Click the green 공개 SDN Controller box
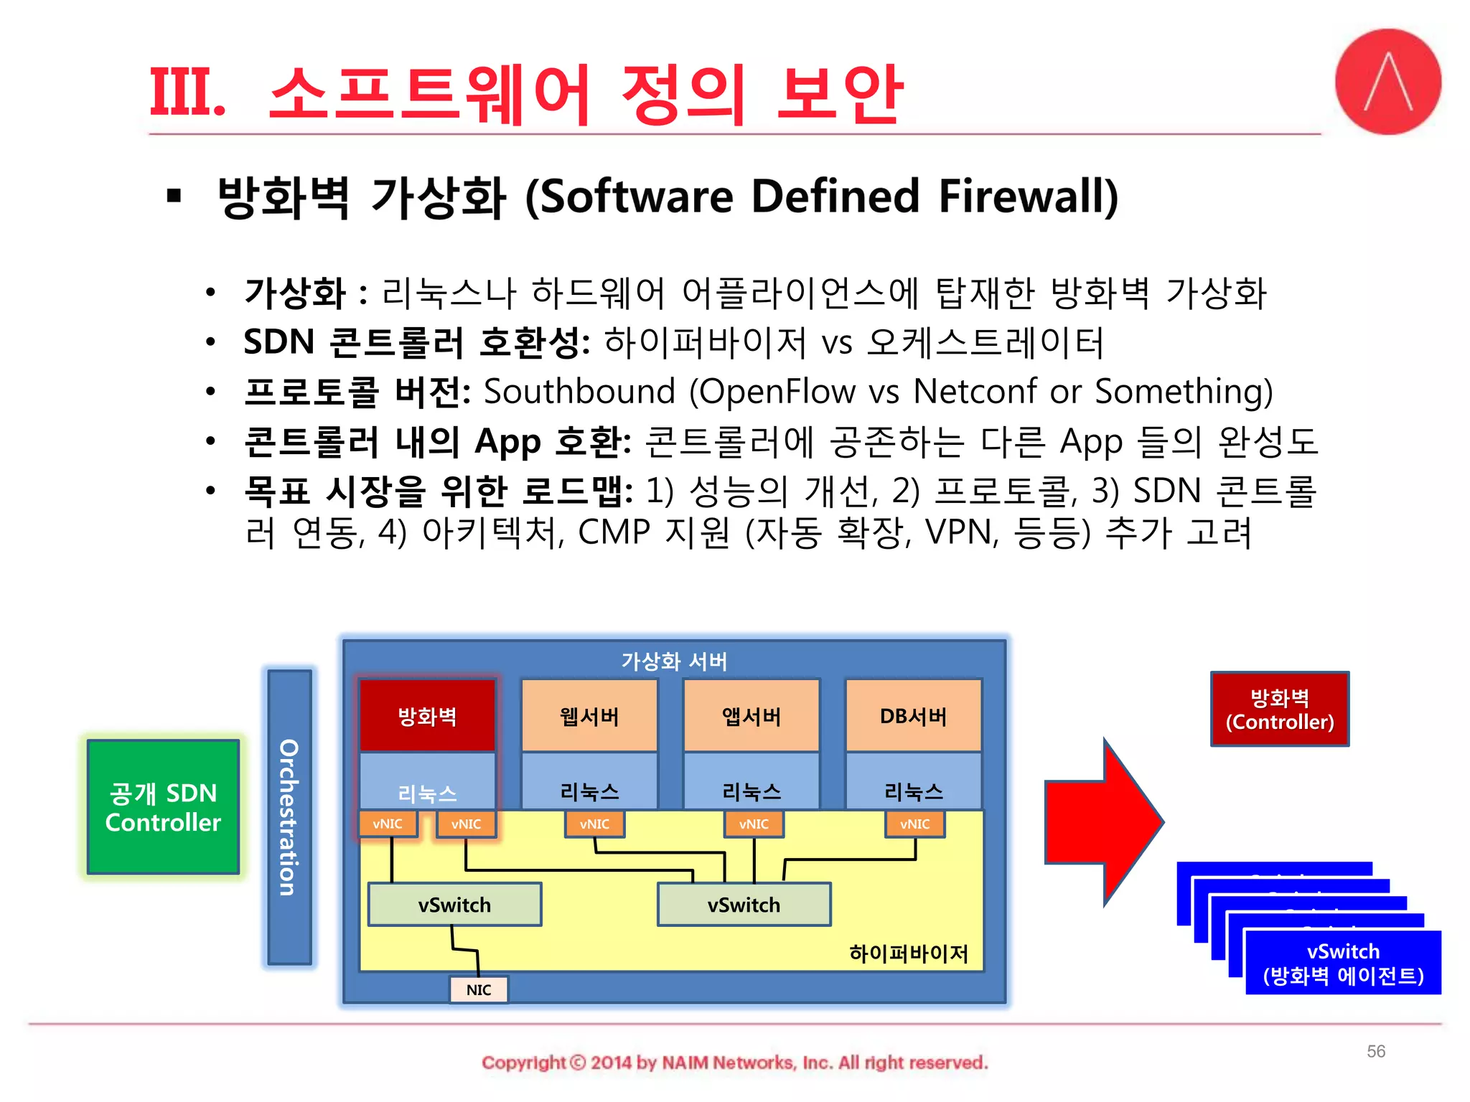(163, 807)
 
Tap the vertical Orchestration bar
(289, 817)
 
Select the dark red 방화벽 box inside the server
(427, 716)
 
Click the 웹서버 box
(589, 716)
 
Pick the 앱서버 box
(752, 716)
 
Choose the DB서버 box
(914, 716)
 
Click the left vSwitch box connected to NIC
(454, 905)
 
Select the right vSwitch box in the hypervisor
(744, 905)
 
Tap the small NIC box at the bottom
(479, 990)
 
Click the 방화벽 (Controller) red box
(1280, 710)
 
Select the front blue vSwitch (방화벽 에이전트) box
(1343, 963)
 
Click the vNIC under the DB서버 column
(914, 824)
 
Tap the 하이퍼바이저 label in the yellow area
(909, 953)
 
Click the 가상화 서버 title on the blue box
(674, 661)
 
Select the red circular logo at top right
(1388, 82)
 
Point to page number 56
(1375, 1051)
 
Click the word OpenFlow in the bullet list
(778, 392)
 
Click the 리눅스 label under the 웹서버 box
(589, 792)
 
